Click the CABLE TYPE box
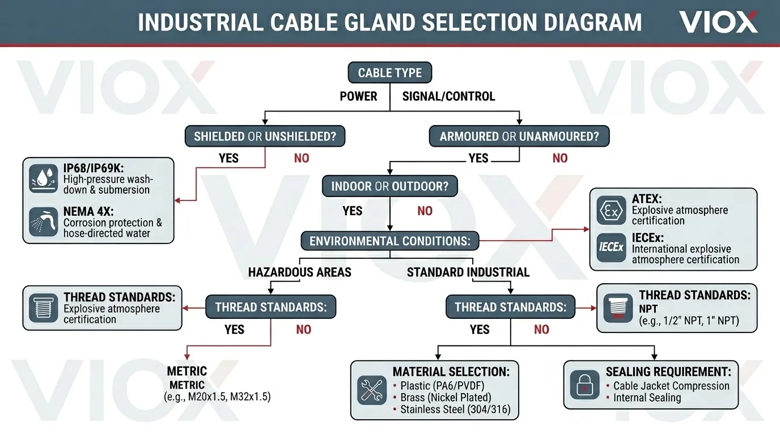(x=389, y=73)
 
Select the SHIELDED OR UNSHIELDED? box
(x=265, y=137)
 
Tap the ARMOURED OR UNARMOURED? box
(x=519, y=137)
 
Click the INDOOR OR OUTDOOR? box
(x=389, y=186)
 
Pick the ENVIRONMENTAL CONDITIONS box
(x=389, y=241)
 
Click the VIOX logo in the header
(x=718, y=22)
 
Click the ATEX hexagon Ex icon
(x=611, y=211)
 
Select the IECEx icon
(x=611, y=248)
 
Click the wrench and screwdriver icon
(x=372, y=390)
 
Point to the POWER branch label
(x=358, y=96)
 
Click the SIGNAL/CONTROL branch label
(x=448, y=96)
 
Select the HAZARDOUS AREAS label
(x=299, y=272)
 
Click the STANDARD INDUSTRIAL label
(x=468, y=272)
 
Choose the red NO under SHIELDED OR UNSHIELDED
(x=302, y=158)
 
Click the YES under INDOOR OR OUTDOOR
(x=353, y=211)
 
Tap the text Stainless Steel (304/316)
(x=455, y=410)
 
